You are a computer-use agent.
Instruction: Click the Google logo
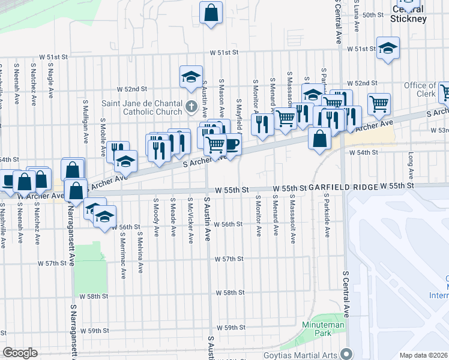(x=20, y=353)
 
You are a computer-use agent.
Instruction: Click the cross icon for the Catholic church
(x=191, y=107)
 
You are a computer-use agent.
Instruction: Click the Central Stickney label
(x=408, y=14)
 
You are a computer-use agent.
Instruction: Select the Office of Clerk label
(x=420, y=90)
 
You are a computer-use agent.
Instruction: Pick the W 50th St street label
(x=372, y=15)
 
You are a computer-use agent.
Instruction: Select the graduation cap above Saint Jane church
(x=190, y=77)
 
